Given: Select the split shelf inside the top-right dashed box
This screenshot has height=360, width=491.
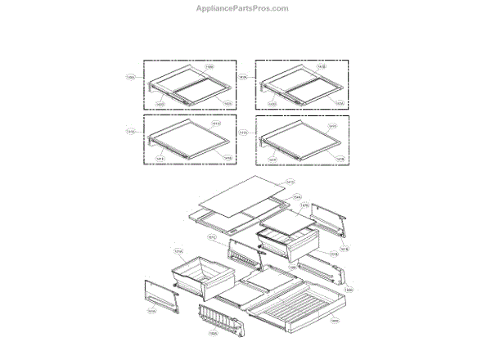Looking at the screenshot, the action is tap(302, 84).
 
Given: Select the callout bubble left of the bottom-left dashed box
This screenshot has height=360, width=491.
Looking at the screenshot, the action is tap(131, 131).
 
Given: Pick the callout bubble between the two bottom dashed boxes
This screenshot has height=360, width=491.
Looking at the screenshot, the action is tap(243, 131).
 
